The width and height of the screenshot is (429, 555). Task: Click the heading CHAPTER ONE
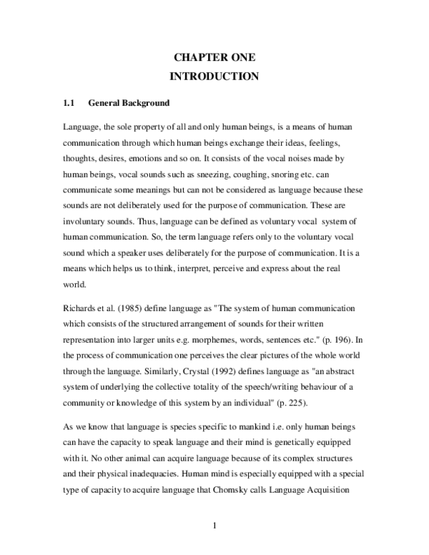click(x=214, y=57)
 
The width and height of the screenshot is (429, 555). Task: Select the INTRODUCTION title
click(x=214, y=76)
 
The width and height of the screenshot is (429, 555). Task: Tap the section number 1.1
click(x=69, y=103)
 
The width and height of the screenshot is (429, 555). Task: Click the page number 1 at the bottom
click(x=214, y=528)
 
